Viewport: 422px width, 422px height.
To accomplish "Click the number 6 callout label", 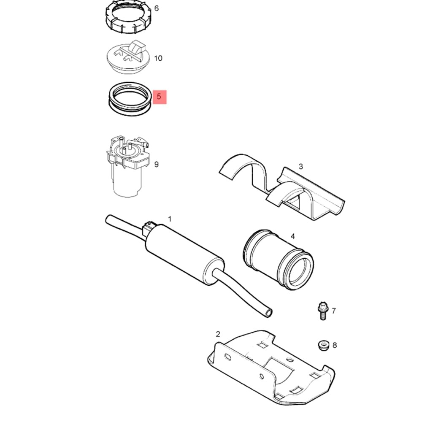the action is coord(157,8).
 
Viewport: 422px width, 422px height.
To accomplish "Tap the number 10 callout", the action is coord(158,58).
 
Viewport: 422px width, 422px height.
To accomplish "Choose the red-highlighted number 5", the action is coord(159,96).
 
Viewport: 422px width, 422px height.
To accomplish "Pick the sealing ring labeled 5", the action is coord(129,99).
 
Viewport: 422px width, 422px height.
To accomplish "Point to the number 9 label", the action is coord(157,164).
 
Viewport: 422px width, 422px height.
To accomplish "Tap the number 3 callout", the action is coord(301,166).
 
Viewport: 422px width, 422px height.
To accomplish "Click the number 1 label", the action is coord(170,219).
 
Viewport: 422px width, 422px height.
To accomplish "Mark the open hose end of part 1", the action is coord(268,313).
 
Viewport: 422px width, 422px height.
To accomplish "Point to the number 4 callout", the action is coord(293,236).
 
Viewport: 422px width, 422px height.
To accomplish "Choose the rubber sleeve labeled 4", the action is coord(279,260).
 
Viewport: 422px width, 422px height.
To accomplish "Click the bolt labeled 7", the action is coord(322,311).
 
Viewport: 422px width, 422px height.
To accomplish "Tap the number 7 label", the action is coord(334,311).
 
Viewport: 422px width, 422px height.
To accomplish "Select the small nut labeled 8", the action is coord(324,345).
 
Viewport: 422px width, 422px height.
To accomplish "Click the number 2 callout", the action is coord(218,334).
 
